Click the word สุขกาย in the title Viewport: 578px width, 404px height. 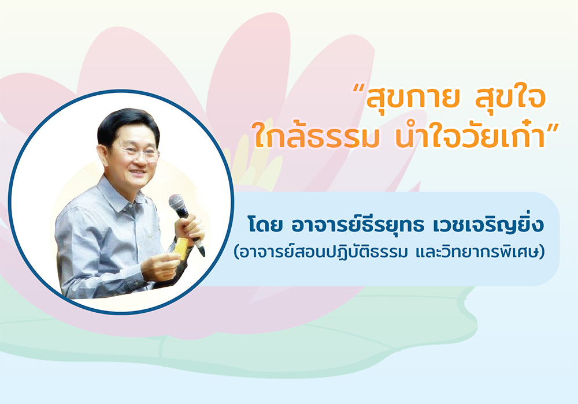[412, 98]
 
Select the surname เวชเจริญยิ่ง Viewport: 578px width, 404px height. [483, 225]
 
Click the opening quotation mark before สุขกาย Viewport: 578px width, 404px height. [359, 90]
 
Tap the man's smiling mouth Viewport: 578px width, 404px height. [139, 172]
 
